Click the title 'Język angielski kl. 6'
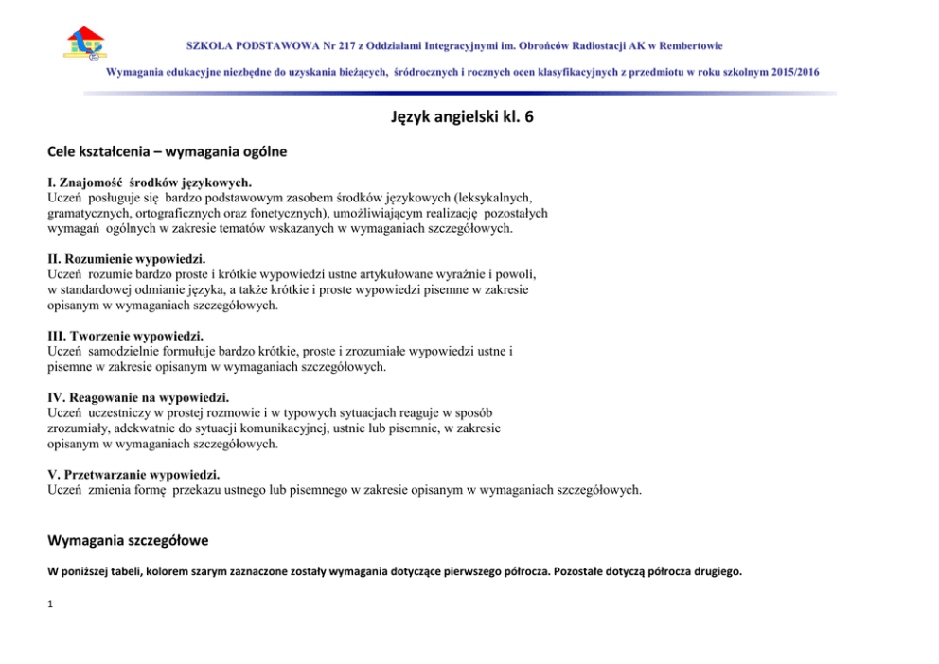pos(469,117)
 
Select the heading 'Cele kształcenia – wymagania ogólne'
pos(167,151)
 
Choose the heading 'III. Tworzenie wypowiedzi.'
pos(125,336)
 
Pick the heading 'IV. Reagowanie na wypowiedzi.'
pos(138,397)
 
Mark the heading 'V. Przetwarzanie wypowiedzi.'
pos(135,474)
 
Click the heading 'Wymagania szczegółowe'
pos(128,540)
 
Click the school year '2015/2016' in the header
pos(795,72)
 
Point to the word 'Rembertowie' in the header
pos(691,44)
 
